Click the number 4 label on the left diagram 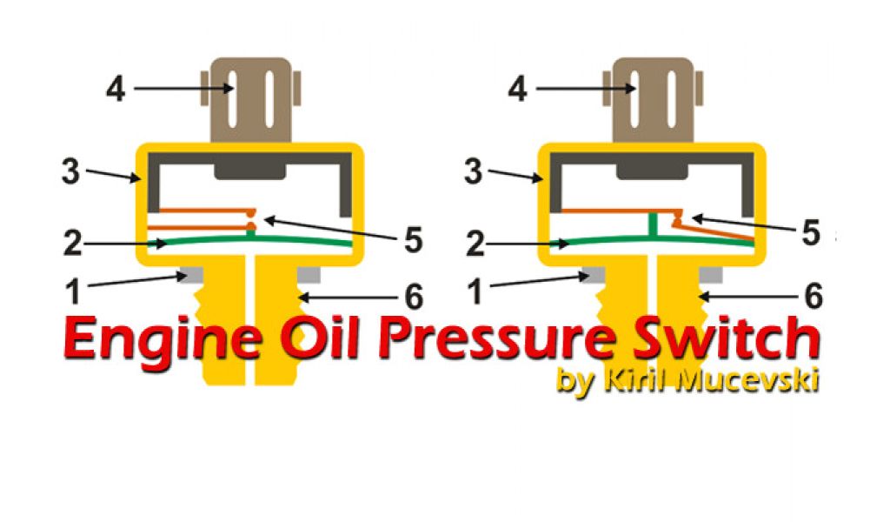click(x=116, y=89)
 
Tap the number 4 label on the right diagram click(x=518, y=89)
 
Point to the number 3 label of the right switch click(x=473, y=171)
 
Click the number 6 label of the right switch click(x=814, y=297)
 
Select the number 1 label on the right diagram click(x=475, y=292)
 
